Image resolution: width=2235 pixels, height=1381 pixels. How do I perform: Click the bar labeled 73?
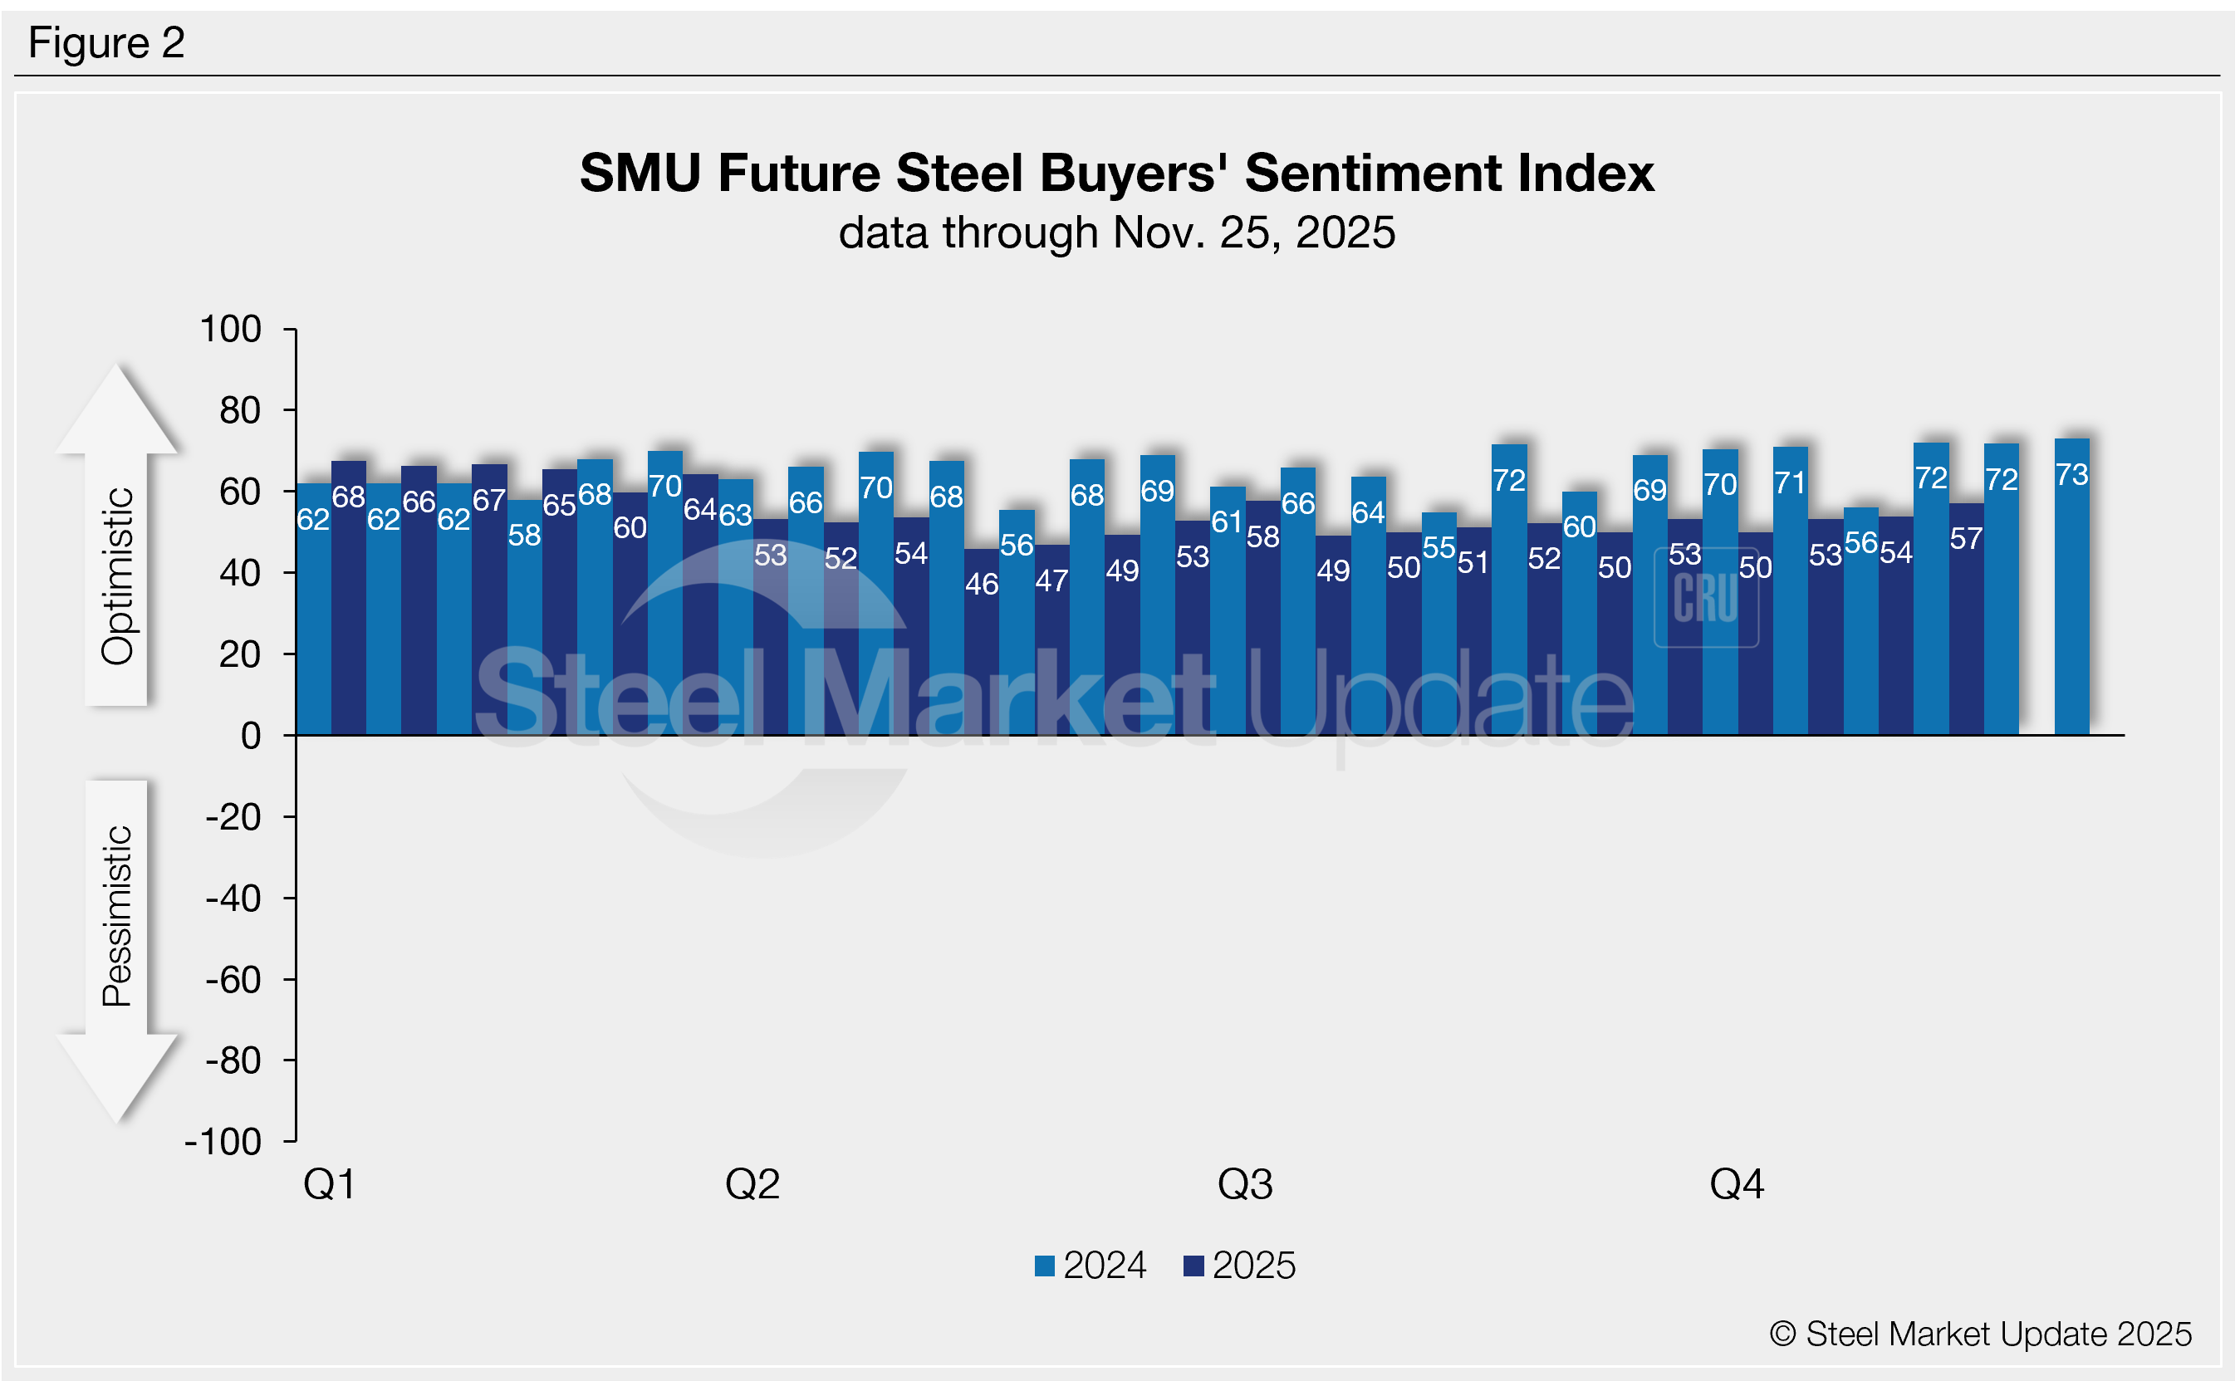coord(2071,594)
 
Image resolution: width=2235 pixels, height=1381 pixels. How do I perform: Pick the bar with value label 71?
coord(1790,594)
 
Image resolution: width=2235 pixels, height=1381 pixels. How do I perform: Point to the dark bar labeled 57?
coord(1966,630)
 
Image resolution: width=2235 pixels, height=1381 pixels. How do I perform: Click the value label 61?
coord(1227,522)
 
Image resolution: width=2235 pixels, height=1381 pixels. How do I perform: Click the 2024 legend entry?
coord(1091,1266)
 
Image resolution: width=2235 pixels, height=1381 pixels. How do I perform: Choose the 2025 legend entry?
coord(1239,1266)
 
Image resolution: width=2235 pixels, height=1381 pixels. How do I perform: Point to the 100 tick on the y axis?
coord(231,330)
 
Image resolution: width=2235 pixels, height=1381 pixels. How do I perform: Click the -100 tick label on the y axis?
coord(223,1143)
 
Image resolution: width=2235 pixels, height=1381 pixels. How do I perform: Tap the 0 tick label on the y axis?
coord(250,736)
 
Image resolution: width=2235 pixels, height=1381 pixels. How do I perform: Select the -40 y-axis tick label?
coord(233,899)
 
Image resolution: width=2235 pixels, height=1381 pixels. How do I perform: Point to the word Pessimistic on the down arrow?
coord(118,916)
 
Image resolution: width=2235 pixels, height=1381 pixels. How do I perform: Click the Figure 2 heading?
coord(107,43)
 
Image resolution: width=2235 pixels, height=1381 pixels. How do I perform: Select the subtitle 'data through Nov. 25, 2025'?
coord(1116,233)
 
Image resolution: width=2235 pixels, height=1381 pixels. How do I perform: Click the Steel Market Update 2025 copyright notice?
coord(1980,1334)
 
